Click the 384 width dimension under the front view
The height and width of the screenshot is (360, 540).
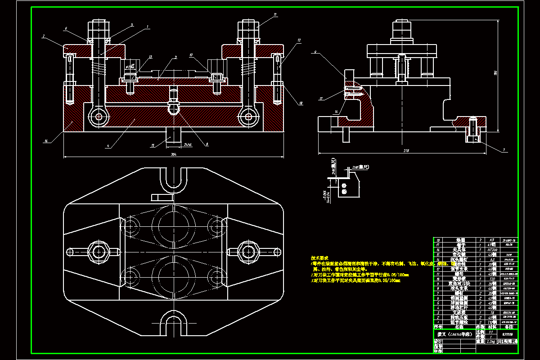tap(174, 154)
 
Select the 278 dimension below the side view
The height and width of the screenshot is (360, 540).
tap(400, 150)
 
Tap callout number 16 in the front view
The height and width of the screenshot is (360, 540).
tap(46, 141)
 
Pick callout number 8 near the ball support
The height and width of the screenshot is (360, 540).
tap(207, 144)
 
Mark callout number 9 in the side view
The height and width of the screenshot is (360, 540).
tap(316, 52)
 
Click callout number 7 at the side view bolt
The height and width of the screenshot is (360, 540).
tap(504, 150)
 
